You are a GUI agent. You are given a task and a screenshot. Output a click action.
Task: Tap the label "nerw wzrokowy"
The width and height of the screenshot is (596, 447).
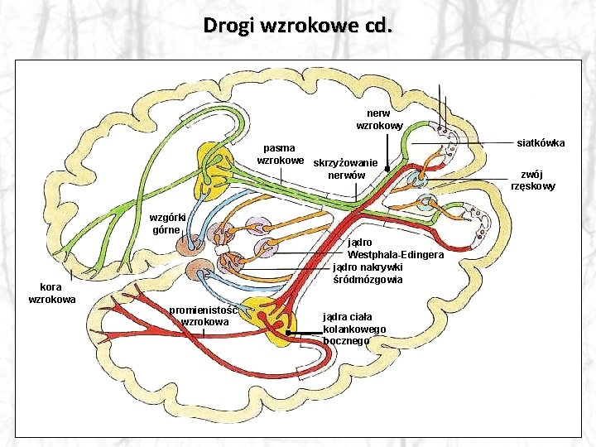(x=379, y=119)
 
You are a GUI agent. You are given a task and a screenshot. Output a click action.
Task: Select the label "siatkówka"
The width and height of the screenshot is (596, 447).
(x=541, y=143)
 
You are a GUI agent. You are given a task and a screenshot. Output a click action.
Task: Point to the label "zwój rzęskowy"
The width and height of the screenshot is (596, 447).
(x=533, y=180)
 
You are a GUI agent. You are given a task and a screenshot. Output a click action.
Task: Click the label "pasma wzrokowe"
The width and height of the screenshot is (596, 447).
(x=280, y=153)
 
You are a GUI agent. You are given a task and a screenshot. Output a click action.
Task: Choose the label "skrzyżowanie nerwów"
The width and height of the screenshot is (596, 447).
(x=346, y=169)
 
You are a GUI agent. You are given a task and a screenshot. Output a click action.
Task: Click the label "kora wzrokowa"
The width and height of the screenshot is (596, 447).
(x=52, y=292)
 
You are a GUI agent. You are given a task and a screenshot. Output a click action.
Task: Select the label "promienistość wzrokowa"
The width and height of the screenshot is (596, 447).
(x=204, y=315)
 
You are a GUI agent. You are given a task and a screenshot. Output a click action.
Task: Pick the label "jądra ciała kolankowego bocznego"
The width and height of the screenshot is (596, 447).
(x=354, y=328)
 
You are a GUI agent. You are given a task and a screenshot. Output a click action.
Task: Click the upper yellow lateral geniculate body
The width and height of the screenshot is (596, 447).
(x=214, y=167)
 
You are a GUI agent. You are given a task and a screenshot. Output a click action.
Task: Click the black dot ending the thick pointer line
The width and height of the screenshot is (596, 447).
(x=289, y=333)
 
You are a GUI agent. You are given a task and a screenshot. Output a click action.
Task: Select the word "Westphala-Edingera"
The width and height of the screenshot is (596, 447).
(x=396, y=254)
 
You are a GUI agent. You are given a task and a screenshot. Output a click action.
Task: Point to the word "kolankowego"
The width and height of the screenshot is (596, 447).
(x=354, y=329)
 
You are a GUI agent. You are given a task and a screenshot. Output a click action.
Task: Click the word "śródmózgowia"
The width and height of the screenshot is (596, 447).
(x=368, y=280)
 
